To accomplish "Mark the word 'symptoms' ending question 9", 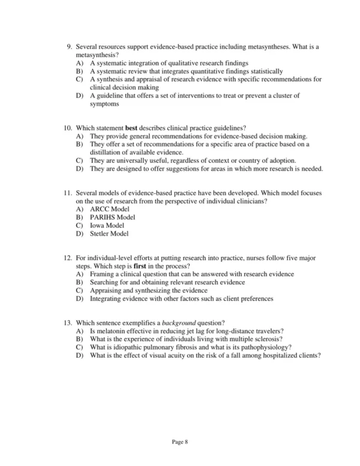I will coord(106,104).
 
